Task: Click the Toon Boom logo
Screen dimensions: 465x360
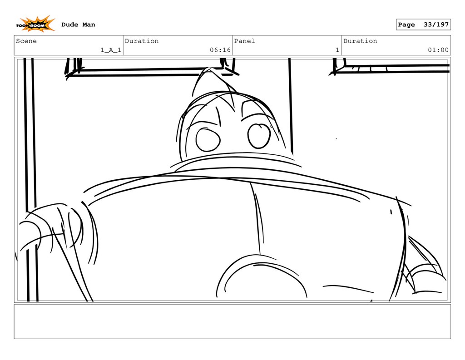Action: pos(35,24)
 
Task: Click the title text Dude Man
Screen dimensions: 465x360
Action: pos(78,25)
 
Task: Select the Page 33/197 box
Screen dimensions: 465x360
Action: pos(423,25)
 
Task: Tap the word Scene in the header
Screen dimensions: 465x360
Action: pos(26,41)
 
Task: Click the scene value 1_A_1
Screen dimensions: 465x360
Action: pos(111,50)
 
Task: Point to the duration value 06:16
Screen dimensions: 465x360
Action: pos(220,50)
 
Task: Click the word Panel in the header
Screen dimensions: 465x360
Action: pos(244,41)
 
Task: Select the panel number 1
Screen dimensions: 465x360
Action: pos(337,50)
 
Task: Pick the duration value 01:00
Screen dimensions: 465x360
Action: pos(438,50)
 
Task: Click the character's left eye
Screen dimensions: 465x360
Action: pos(208,139)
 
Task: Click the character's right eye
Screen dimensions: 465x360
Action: pos(259,136)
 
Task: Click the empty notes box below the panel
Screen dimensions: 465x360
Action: pos(232,321)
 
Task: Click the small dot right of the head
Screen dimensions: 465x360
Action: pos(336,138)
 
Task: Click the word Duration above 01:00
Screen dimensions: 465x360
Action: pos(360,41)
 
